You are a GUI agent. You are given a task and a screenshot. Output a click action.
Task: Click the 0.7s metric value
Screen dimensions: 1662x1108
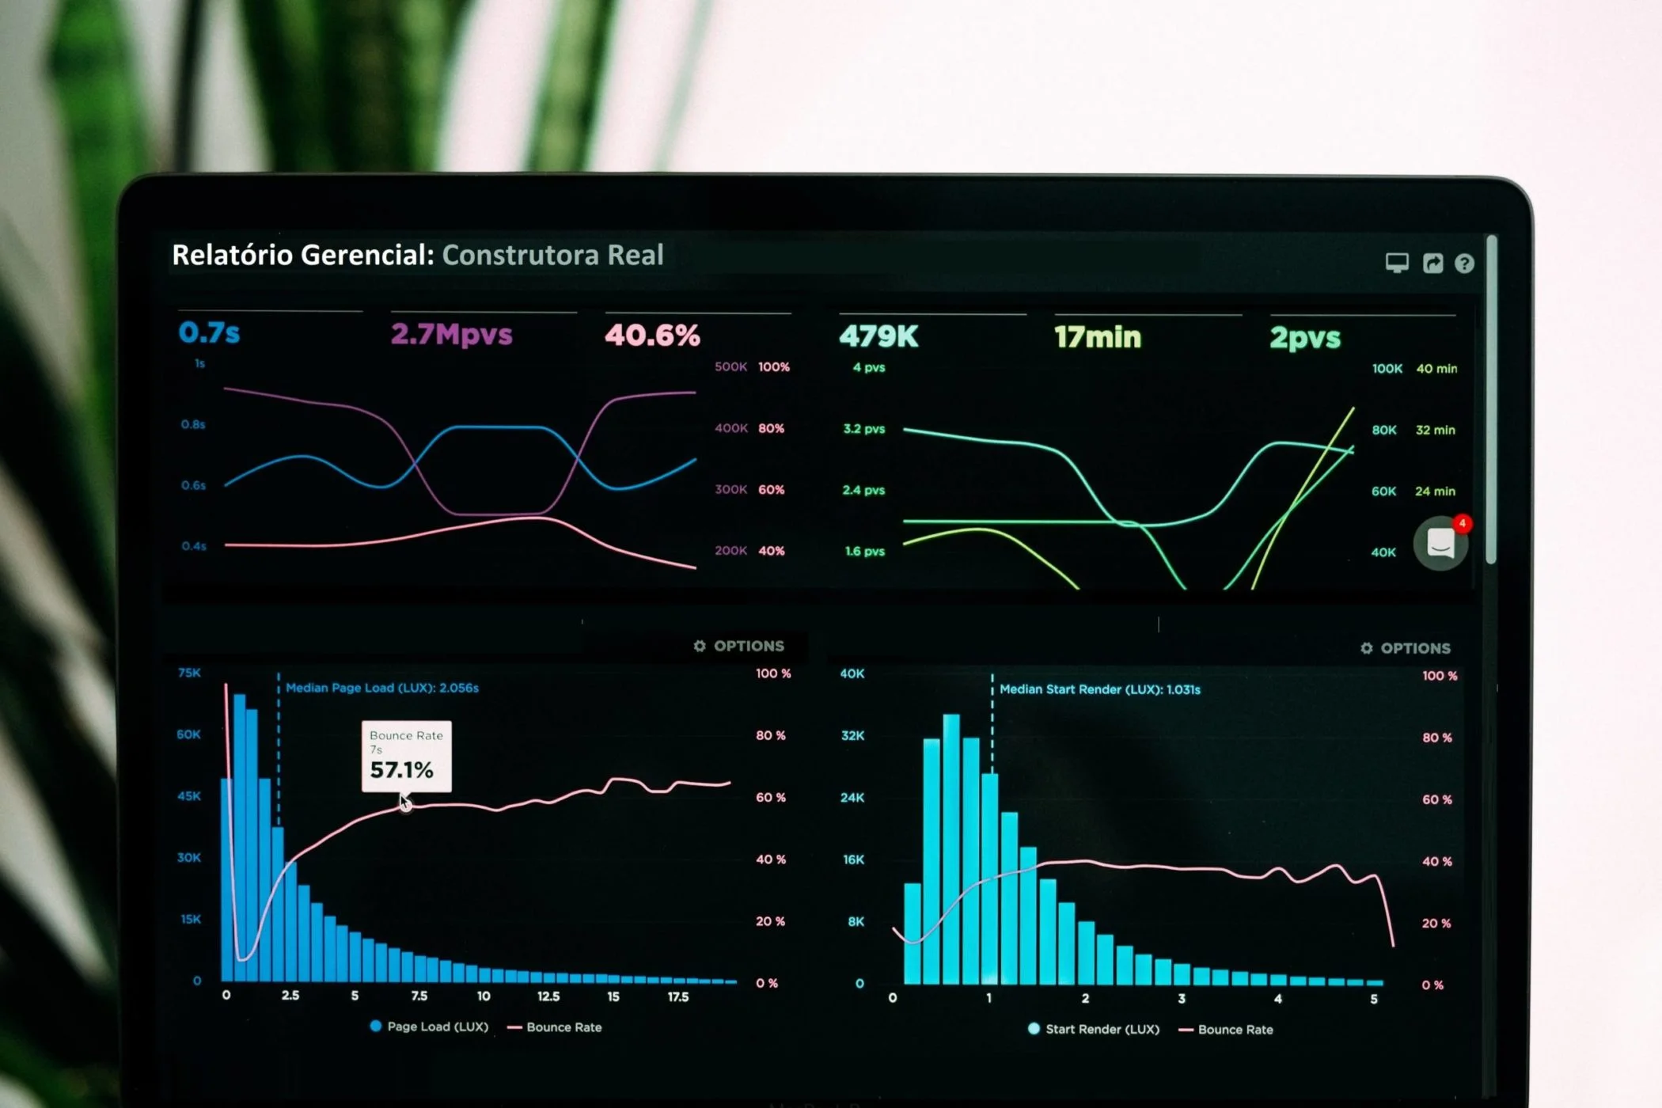(x=209, y=332)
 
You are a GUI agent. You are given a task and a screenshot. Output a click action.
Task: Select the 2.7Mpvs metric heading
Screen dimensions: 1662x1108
(x=452, y=335)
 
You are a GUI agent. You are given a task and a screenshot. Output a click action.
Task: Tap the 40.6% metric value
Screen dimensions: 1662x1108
(x=653, y=336)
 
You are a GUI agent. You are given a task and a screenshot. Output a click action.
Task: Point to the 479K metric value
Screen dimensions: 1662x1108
(x=879, y=336)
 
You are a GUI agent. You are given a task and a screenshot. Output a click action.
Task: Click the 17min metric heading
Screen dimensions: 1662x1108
(x=1098, y=337)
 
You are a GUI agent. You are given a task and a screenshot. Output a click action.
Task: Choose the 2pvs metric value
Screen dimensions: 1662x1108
(x=1306, y=338)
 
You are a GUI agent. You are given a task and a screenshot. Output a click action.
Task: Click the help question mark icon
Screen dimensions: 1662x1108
(x=1464, y=264)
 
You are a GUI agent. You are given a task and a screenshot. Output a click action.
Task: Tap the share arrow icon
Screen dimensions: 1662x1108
(x=1432, y=264)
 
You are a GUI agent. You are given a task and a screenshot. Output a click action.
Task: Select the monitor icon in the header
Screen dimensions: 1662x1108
(x=1397, y=264)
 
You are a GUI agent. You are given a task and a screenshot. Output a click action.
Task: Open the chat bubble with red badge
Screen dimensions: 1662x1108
(x=1441, y=543)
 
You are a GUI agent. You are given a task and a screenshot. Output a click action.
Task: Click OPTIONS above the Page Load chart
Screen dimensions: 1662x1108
(x=739, y=646)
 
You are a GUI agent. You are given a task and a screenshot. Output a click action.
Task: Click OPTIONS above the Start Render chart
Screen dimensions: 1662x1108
(x=1406, y=648)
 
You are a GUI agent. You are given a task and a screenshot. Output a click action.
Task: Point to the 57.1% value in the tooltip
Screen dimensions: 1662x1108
(x=402, y=770)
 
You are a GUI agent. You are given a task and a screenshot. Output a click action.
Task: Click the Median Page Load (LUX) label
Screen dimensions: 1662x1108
(x=382, y=688)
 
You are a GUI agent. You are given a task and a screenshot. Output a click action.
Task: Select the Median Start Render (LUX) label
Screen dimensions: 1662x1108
(x=1100, y=689)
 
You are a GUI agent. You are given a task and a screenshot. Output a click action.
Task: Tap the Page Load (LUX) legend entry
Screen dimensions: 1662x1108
(x=430, y=1026)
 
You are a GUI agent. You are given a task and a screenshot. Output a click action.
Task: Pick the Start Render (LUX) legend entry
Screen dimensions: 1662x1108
(x=1094, y=1029)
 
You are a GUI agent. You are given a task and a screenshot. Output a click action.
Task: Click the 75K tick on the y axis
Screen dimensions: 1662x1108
(x=190, y=673)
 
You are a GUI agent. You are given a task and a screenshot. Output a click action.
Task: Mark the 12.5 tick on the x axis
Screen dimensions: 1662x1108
(x=548, y=996)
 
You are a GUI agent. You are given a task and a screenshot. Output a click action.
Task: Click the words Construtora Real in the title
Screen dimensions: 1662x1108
(x=552, y=255)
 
